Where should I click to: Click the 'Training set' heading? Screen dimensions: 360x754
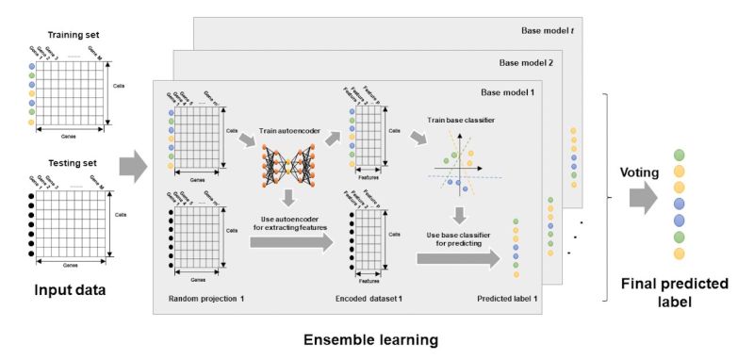(75, 35)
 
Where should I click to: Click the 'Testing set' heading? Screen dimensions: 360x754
(75, 162)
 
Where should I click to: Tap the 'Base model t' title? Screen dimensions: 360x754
(550, 30)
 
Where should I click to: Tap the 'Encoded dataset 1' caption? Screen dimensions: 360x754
(369, 298)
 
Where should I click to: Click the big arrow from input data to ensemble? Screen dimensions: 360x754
(134, 170)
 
